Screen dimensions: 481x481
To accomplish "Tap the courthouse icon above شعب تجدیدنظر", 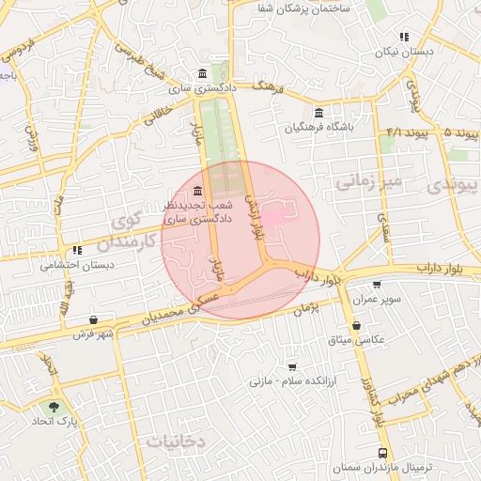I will [x=196, y=191].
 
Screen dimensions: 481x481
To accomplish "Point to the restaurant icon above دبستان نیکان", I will [x=403, y=38].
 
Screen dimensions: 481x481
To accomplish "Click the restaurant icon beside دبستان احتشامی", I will [x=76, y=251].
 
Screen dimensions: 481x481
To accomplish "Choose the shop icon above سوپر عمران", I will [x=377, y=285].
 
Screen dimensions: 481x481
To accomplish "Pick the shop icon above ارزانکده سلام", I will [x=292, y=366].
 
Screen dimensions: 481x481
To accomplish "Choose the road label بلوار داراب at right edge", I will [x=449, y=267].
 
